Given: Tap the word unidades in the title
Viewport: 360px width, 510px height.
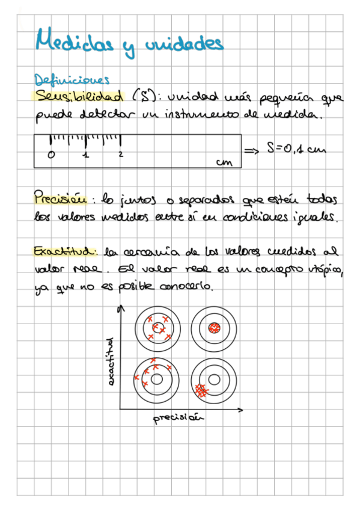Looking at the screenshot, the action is tap(184, 43).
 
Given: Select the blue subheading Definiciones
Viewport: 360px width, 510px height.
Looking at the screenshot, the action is tap(72, 81).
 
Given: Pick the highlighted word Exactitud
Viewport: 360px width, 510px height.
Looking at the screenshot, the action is tap(65, 250).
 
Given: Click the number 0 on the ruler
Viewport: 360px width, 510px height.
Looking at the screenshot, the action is tap(50, 155).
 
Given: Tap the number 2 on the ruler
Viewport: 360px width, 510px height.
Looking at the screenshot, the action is tap(121, 155).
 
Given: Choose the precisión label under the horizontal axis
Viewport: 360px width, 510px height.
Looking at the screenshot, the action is tap(177, 419).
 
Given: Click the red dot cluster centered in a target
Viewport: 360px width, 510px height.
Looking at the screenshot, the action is tap(215, 328).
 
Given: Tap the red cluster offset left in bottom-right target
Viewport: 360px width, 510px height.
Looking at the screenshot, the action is tap(203, 390).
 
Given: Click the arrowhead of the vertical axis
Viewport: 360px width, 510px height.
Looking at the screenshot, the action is tap(123, 308).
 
